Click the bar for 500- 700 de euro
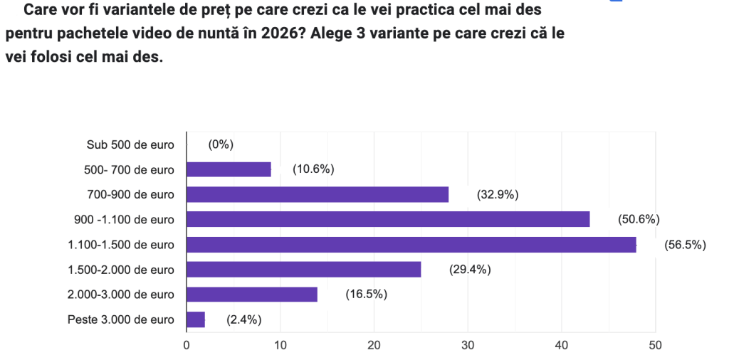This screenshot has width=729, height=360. point(229,169)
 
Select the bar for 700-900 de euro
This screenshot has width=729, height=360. point(318,194)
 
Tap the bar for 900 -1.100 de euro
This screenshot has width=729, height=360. point(388,219)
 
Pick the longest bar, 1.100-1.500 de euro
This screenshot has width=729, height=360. point(411,245)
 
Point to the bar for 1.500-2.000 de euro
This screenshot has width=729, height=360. point(303,270)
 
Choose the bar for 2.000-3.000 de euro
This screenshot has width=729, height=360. point(251,295)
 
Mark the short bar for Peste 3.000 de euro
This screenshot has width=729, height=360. point(196,319)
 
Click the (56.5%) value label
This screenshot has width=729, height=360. point(685,245)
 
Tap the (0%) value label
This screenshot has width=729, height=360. point(221,144)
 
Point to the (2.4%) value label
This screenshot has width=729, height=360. point(244,319)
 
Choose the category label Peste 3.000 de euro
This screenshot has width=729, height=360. point(120,319)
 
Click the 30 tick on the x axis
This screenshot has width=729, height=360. point(468,346)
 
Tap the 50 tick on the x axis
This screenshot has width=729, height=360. point(655,346)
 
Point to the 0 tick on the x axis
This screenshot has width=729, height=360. point(187,346)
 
